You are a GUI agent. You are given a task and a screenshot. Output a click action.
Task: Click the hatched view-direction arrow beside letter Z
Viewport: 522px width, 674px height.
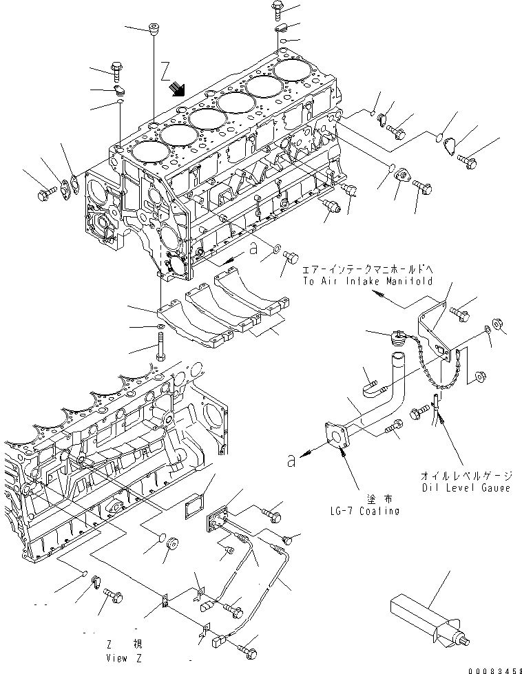[178, 87]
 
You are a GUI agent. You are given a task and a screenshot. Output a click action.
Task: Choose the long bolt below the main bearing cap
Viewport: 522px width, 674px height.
[160, 344]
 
